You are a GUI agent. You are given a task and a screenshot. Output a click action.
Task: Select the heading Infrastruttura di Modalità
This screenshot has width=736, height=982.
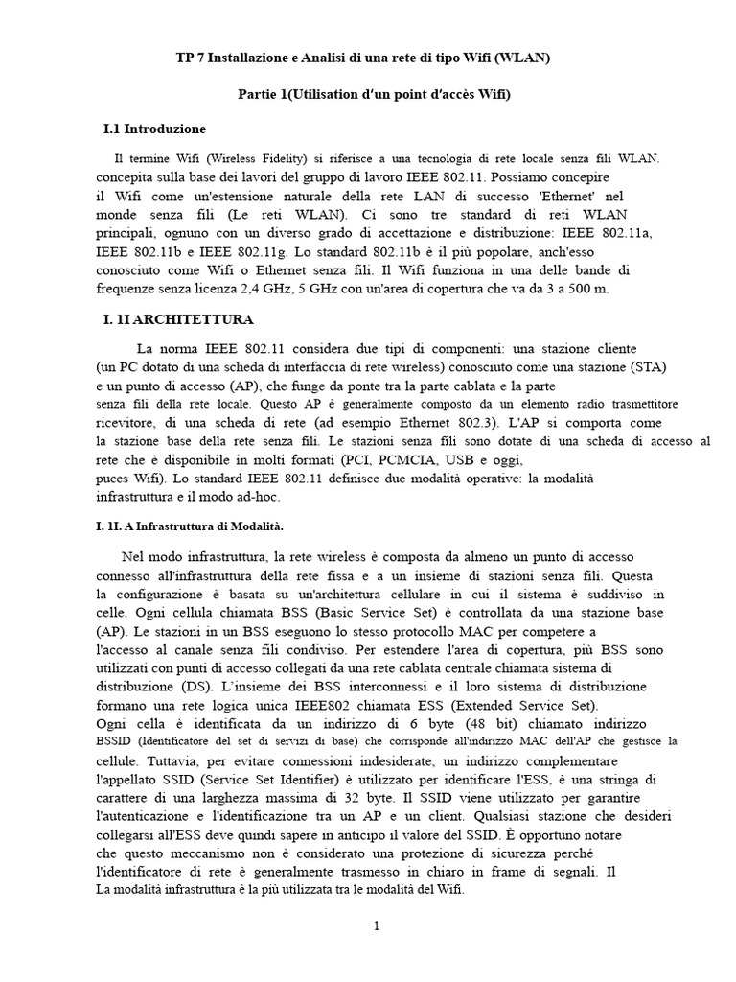(x=207, y=526)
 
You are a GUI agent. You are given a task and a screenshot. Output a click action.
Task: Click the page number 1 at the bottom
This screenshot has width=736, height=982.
(x=377, y=925)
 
